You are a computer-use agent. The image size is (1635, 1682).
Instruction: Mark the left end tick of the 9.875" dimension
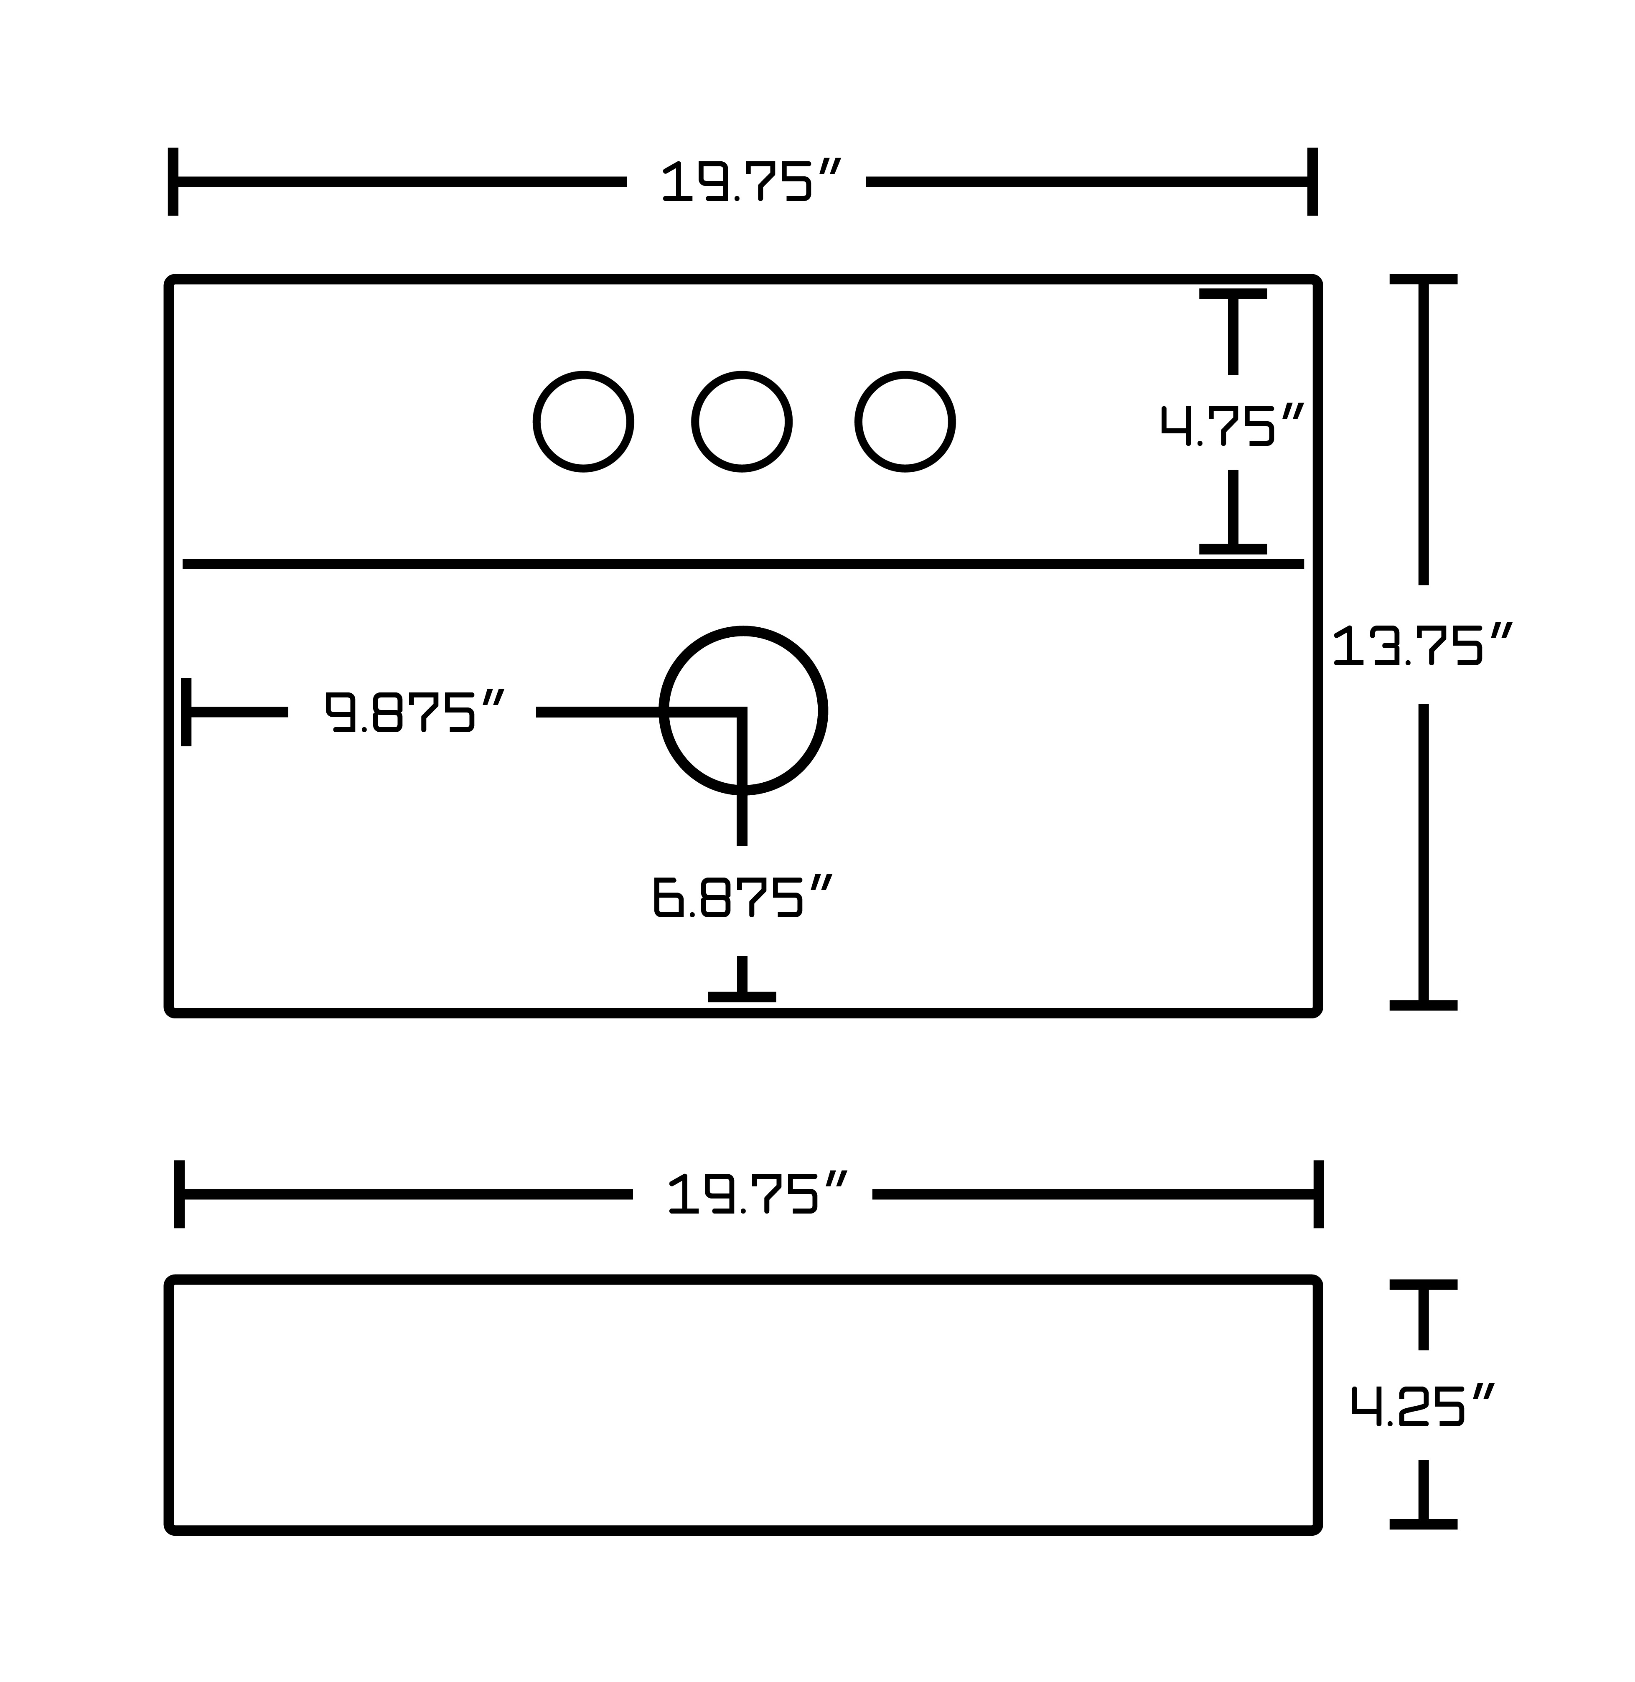point(186,712)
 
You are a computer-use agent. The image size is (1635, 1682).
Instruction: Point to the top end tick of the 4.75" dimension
point(1233,294)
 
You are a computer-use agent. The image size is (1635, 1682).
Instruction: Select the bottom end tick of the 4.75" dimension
point(1233,549)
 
